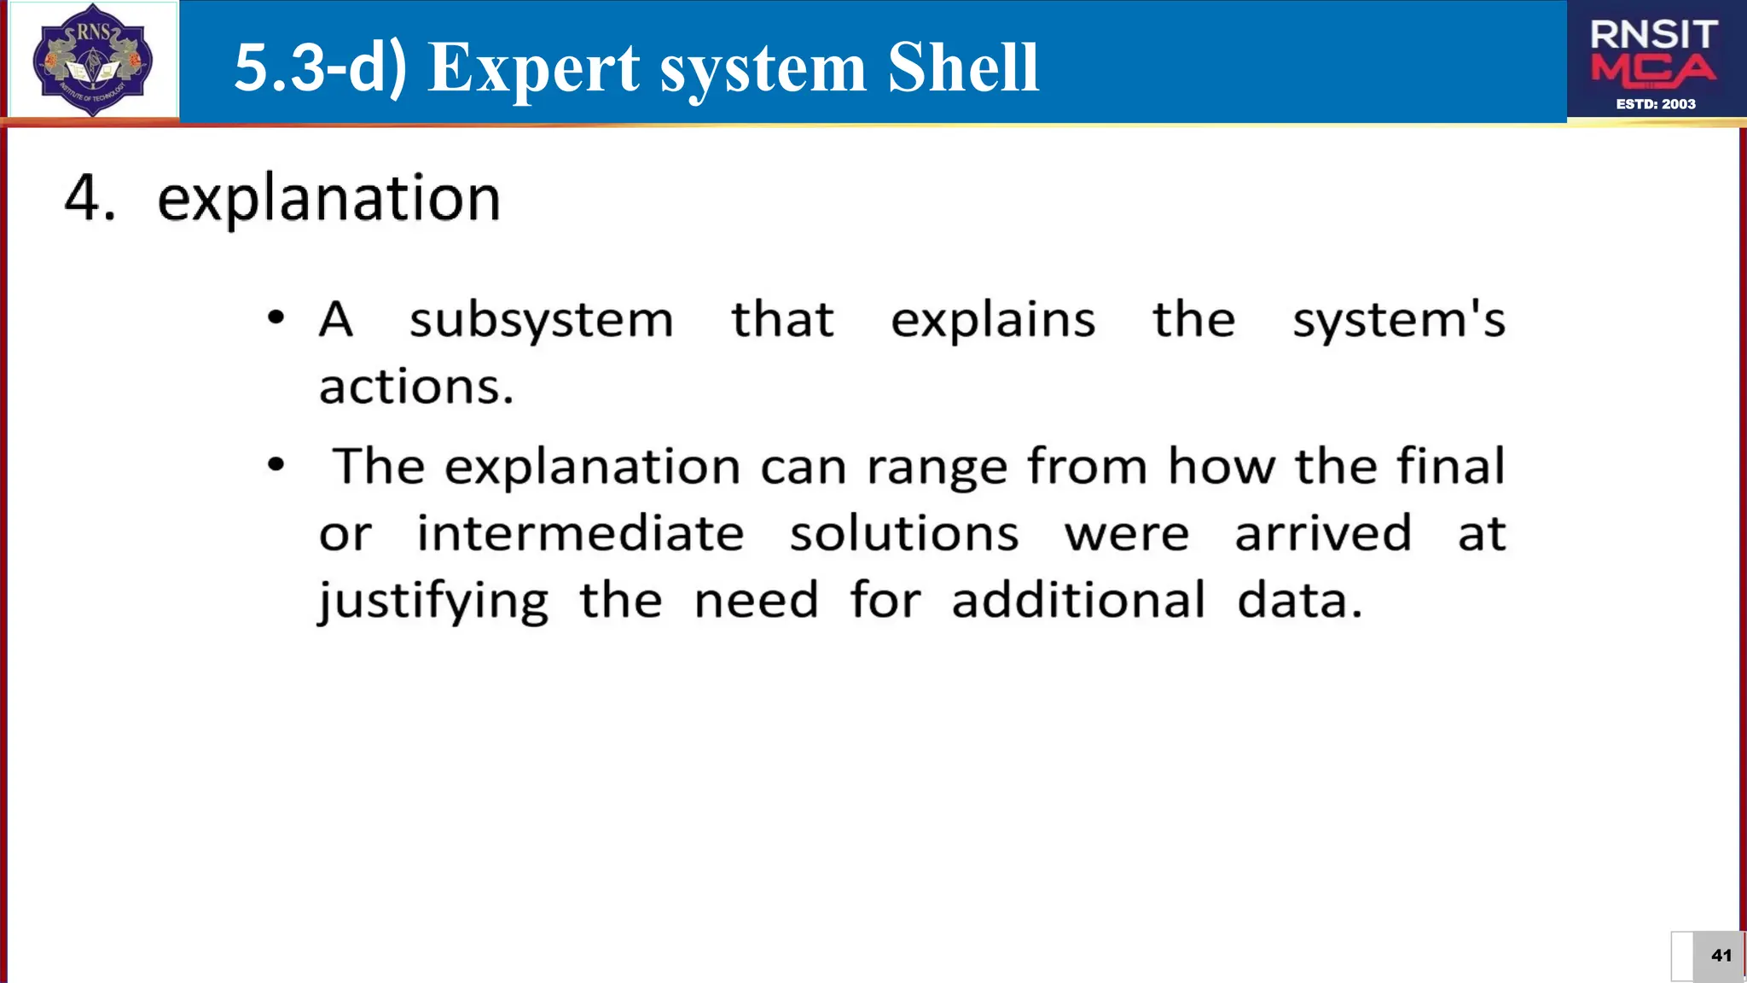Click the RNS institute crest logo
click(x=92, y=60)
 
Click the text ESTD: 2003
click(x=1656, y=104)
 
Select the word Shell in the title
click(x=962, y=67)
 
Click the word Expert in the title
click(x=534, y=67)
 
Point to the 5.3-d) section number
click(x=321, y=67)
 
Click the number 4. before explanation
click(x=90, y=198)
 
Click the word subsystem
click(x=541, y=321)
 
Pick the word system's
click(x=1398, y=321)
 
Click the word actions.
click(x=416, y=387)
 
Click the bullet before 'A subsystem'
click(x=276, y=318)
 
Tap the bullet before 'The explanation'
click(x=276, y=465)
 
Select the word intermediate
click(x=580, y=534)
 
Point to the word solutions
click(x=903, y=534)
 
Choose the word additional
click(x=1078, y=600)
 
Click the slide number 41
click(x=1721, y=956)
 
